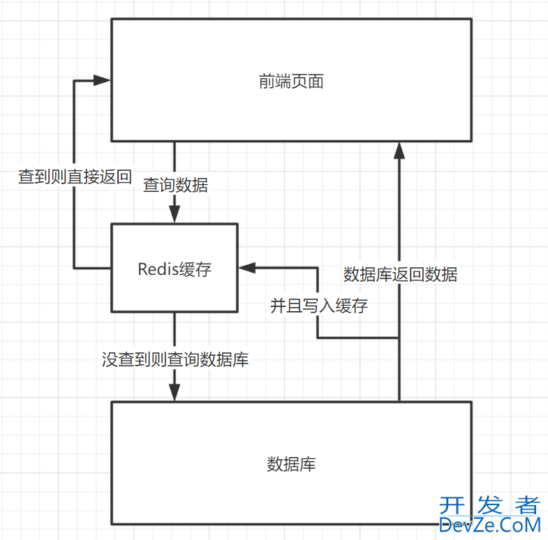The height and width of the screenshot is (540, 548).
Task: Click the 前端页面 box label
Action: (x=290, y=82)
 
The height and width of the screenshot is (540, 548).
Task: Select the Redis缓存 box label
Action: (x=174, y=269)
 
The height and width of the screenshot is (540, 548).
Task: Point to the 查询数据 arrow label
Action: (x=175, y=186)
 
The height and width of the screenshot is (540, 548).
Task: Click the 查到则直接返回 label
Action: (x=75, y=177)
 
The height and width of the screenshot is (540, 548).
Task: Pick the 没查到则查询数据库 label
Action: (x=175, y=360)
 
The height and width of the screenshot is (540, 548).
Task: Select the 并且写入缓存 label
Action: (x=319, y=306)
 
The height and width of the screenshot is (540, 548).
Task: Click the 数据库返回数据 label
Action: (x=400, y=274)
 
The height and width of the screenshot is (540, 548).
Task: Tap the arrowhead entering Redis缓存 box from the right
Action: (x=246, y=268)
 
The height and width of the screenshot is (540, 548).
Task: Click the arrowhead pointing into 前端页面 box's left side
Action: (x=103, y=81)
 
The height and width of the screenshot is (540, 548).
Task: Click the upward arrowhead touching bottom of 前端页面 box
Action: (x=399, y=149)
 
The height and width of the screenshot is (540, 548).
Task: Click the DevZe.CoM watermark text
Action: (x=490, y=525)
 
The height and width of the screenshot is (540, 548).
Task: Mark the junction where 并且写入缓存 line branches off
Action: (x=399, y=338)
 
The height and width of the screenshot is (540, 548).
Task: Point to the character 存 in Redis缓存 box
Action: (x=203, y=269)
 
